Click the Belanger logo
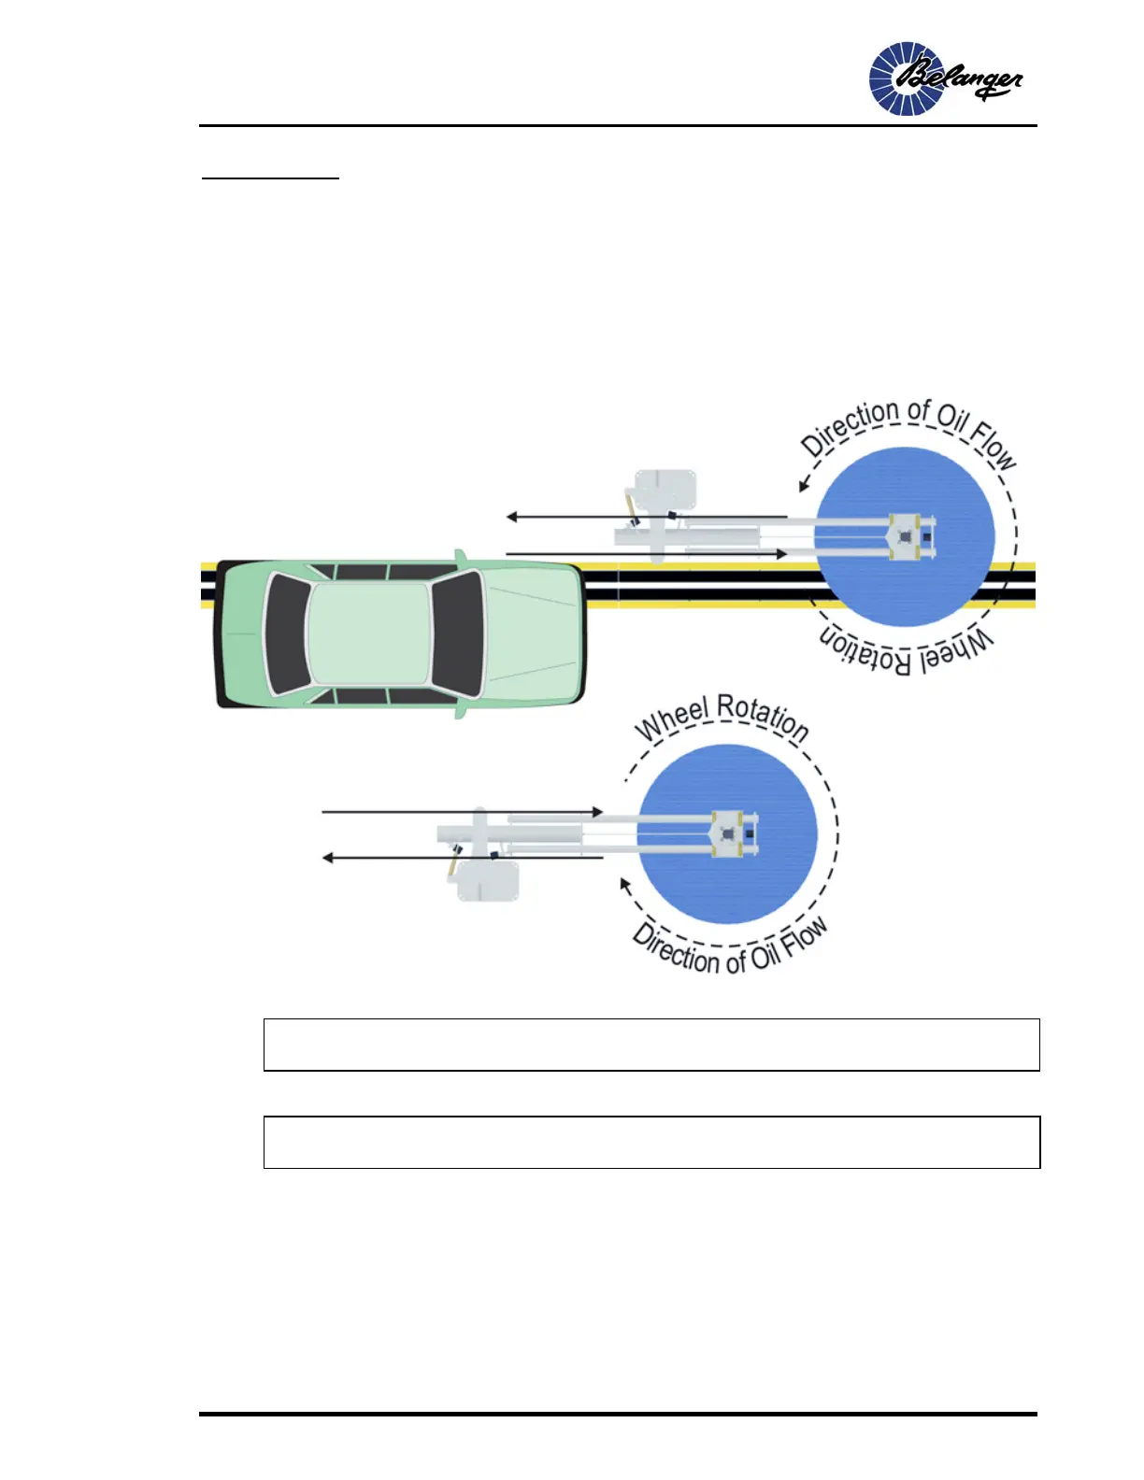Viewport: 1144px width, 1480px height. pyautogui.click(x=945, y=79)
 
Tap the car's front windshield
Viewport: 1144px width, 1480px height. pyautogui.click(x=458, y=633)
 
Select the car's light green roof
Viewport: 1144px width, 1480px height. pyautogui.click(x=369, y=633)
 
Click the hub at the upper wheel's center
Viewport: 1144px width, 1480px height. pyautogui.click(x=905, y=537)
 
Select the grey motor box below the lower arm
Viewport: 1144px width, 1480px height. pyautogui.click(x=487, y=878)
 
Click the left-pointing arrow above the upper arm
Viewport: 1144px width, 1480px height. pyautogui.click(x=645, y=517)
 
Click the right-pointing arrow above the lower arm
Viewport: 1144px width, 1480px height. pyautogui.click(x=463, y=812)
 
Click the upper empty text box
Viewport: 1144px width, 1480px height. pyautogui.click(x=651, y=1045)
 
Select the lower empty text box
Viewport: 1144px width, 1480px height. pyautogui.click(x=651, y=1142)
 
